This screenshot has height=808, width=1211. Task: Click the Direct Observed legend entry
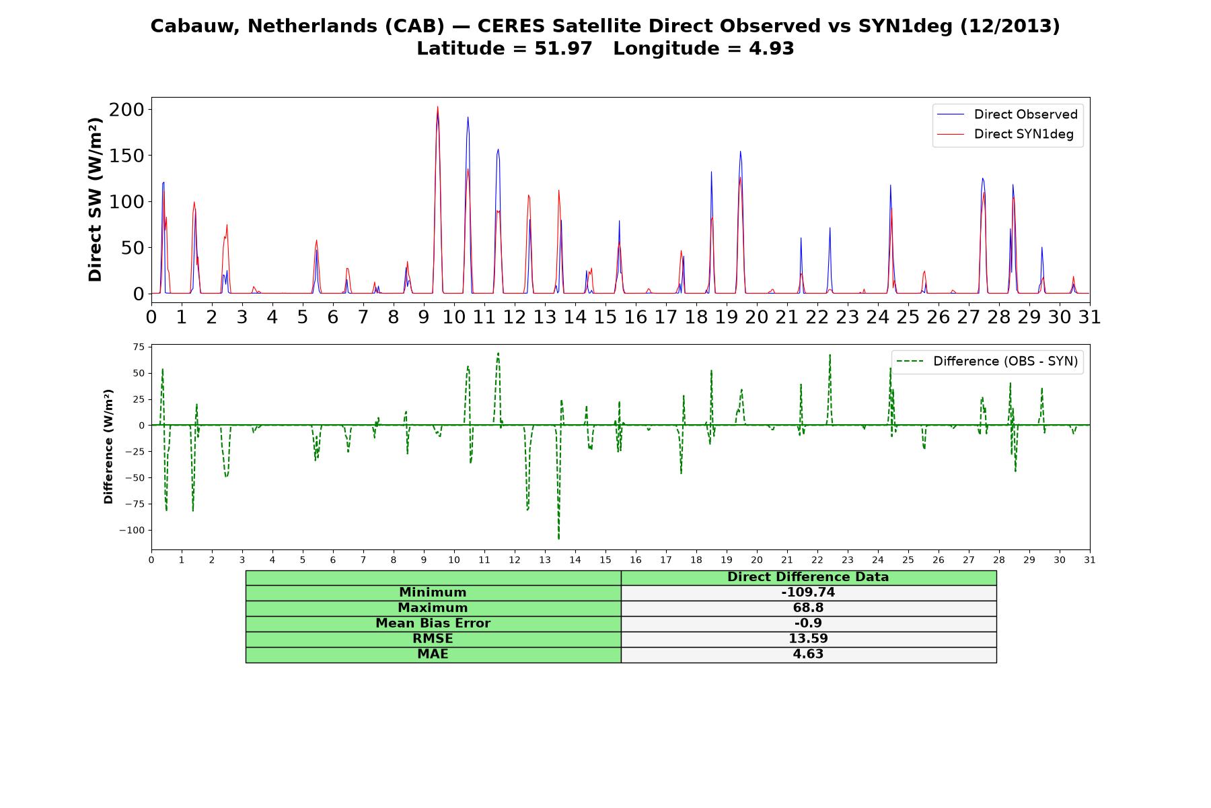coord(1007,114)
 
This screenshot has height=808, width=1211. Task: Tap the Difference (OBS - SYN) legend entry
coord(987,362)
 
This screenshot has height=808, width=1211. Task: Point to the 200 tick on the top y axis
coord(126,109)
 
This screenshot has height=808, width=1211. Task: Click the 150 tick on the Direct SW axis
coord(126,156)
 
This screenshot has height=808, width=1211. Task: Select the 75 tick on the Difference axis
coord(139,347)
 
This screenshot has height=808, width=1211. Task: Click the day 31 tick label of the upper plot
coord(1090,317)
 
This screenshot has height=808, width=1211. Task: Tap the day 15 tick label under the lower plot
coord(605,560)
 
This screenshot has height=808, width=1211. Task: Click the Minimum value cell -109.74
coord(808,593)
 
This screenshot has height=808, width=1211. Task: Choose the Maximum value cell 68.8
coord(808,608)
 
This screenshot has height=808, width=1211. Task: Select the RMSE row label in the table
coord(433,639)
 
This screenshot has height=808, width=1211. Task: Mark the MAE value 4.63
coord(808,654)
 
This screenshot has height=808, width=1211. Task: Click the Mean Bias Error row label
coord(433,624)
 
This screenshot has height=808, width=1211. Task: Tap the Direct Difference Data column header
coord(808,577)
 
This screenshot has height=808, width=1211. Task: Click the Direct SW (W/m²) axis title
coord(95,199)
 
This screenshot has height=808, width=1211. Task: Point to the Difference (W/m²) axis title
coord(108,446)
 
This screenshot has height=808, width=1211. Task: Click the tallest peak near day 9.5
coord(437,106)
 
